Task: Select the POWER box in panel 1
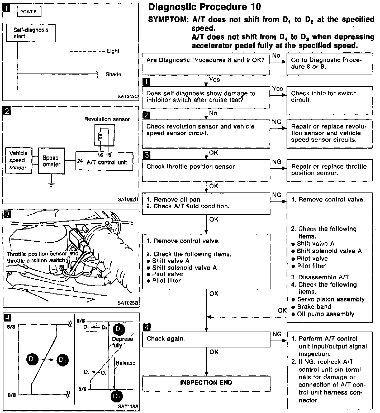click(x=28, y=12)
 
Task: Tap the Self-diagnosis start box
click(x=31, y=33)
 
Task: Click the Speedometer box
click(x=51, y=161)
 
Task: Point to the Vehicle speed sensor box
click(x=18, y=160)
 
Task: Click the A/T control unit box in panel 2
click(x=104, y=161)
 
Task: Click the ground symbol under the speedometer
click(x=51, y=184)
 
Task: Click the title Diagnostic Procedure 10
click(x=205, y=7)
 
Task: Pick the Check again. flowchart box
click(x=206, y=339)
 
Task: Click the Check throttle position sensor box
click(x=206, y=170)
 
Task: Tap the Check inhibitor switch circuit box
click(x=330, y=100)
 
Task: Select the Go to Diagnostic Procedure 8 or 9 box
click(x=330, y=64)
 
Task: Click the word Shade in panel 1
click(x=113, y=74)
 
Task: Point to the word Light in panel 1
click(x=113, y=51)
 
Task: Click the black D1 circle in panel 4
click(x=33, y=360)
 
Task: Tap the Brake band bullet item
click(x=311, y=307)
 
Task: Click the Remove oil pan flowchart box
click(x=206, y=203)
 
